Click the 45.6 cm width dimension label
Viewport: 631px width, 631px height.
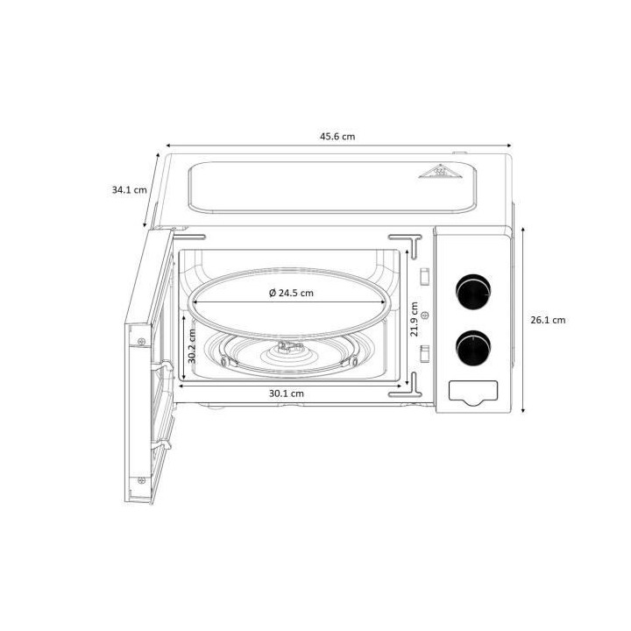[x=337, y=137]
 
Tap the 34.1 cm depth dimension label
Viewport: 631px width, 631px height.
[x=129, y=189]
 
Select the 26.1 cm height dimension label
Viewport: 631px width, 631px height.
[x=548, y=320]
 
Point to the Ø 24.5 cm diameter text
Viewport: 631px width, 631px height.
[x=291, y=293]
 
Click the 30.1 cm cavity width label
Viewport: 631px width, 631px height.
[x=287, y=393]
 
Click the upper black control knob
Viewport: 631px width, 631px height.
[x=473, y=289]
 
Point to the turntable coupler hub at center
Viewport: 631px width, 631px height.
[x=287, y=348]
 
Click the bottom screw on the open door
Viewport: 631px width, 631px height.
[x=142, y=478]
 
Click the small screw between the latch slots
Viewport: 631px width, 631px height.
[x=425, y=314]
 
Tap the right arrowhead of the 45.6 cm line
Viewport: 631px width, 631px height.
[x=511, y=146]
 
